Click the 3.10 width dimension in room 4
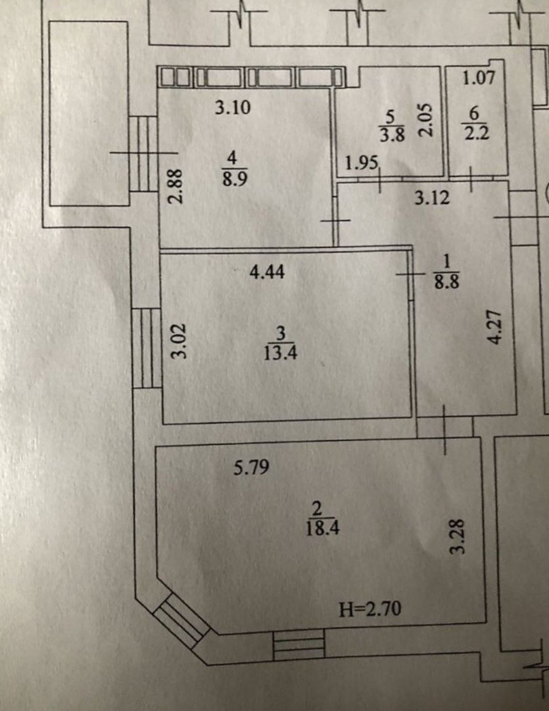click(x=233, y=108)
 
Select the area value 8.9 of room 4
click(x=234, y=179)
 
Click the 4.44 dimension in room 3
click(x=267, y=272)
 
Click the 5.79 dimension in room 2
click(x=251, y=467)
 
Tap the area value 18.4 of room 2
click(x=322, y=528)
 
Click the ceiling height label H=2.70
click(x=370, y=609)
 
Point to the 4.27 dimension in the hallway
click(x=495, y=327)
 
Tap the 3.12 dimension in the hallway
click(x=432, y=198)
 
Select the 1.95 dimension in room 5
click(x=362, y=162)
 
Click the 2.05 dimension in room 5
click(x=425, y=119)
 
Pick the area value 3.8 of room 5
click(x=392, y=135)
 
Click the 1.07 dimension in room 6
click(x=479, y=78)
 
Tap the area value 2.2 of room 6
click(x=476, y=134)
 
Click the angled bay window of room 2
click(x=181, y=619)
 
